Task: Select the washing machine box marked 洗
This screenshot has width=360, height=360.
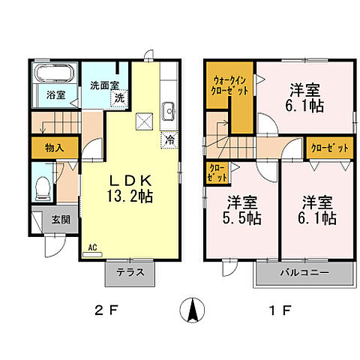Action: point(120,97)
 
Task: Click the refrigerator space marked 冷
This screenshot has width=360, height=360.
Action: point(170,139)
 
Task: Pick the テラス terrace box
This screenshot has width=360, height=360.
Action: point(130,274)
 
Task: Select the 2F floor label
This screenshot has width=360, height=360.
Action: point(107,309)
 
